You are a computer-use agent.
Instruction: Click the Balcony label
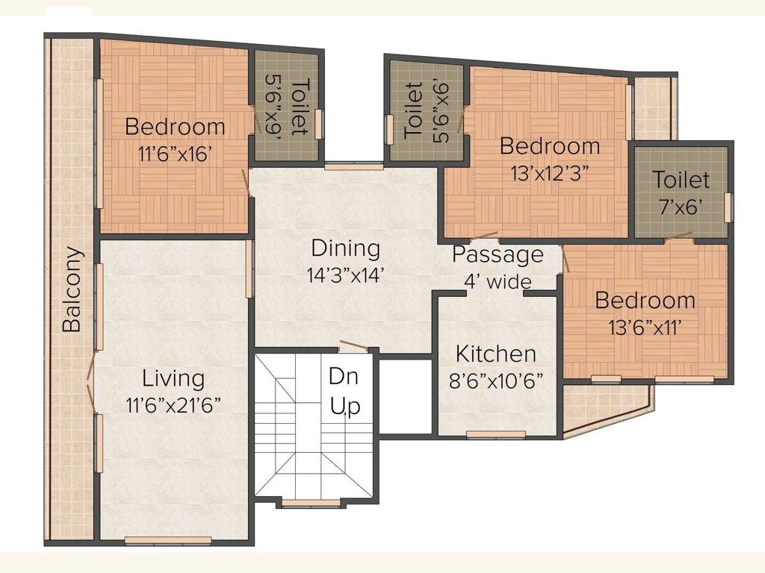pos(72,289)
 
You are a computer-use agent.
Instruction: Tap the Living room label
pos(173,378)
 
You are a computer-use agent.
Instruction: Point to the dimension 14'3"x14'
pos(345,274)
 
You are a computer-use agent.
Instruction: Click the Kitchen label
pos(496,354)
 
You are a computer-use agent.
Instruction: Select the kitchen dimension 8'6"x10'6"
pos(496,379)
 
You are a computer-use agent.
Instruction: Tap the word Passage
pos(498,255)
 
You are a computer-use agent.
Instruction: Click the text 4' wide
pos(498,281)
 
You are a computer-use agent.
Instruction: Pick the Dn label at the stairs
pos(344,377)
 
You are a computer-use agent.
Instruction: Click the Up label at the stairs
pos(346,407)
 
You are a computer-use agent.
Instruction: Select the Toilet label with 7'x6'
pos(681,180)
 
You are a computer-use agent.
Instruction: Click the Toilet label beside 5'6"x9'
pos(297,107)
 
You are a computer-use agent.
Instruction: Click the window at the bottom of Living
pos(168,540)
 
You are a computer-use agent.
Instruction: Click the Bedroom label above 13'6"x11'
pos(645,301)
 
